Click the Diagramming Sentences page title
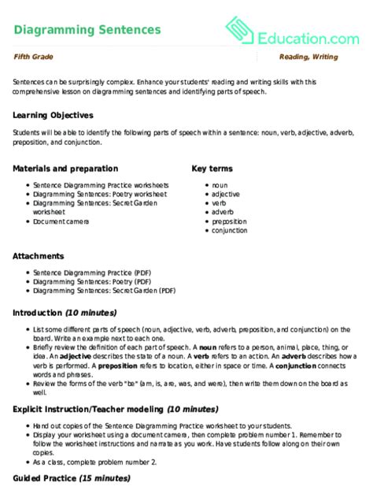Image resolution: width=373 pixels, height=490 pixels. [87, 30]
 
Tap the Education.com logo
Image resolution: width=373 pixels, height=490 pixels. [292, 31]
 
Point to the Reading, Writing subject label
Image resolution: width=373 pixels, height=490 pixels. [308, 58]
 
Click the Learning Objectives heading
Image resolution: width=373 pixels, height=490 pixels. [54, 115]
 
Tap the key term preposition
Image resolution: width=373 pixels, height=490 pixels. [230, 221]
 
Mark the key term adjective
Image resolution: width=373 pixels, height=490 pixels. [225, 193]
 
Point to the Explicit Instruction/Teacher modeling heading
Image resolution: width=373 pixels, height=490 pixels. [115, 410]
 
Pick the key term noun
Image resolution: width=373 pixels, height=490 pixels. [220, 184]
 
